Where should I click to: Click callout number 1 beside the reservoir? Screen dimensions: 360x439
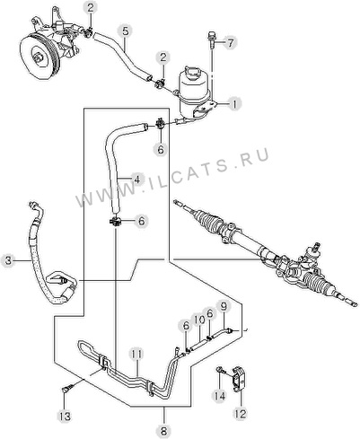(x=234, y=104)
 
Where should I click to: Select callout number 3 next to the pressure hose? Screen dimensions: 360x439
(x=8, y=260)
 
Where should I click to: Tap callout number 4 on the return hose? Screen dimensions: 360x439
(x=136, y=180)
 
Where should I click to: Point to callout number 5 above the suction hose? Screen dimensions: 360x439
(x=126, y=31)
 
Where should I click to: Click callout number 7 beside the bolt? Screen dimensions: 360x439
(x=230, y=43)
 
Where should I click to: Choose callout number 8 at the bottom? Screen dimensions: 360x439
(x=163, y=431)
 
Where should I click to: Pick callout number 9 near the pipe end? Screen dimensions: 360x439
(x=224, y=306)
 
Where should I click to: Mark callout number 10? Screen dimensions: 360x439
(x=198, y=320)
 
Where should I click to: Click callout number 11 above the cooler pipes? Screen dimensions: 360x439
(x=136, y=355)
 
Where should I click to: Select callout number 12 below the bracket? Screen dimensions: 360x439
(x=241, y=414)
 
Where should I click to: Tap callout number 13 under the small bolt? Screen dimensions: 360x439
(x=65, y=416)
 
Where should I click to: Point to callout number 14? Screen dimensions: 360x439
(x=219, y=396)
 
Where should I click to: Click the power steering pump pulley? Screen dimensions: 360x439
(x=39, y=57)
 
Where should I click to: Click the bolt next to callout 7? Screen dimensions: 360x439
(x=211, y=39)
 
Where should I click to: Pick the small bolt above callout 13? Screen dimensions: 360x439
(x=66, y=390)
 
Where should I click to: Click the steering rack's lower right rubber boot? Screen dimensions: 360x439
(x=320, y=285)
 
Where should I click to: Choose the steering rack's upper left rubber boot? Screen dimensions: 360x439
(x=210, y=221)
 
